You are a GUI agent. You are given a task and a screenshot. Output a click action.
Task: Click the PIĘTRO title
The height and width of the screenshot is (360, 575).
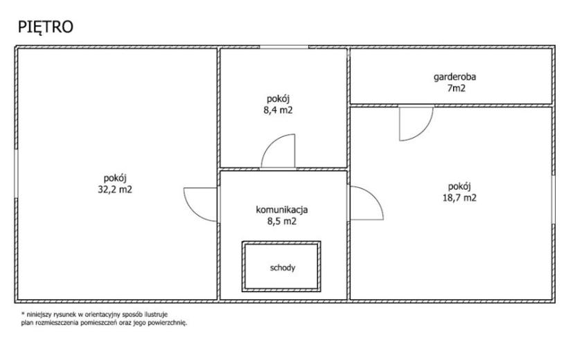46,27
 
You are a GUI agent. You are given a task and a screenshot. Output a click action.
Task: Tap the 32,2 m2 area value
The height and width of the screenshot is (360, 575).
115,190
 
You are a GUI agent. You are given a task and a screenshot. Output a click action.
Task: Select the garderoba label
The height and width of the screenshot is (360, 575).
454,78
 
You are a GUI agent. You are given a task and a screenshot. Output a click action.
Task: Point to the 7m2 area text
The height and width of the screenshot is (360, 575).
456,89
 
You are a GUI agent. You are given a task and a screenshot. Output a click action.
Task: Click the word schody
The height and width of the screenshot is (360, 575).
283,268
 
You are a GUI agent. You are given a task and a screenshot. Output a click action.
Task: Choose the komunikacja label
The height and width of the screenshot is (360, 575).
282,210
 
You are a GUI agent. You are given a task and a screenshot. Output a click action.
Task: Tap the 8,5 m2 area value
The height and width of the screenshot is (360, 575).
282,222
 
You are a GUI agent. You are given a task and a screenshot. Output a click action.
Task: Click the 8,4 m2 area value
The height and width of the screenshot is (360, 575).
278,110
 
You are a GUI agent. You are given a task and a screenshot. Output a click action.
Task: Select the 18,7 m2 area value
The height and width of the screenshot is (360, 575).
459,198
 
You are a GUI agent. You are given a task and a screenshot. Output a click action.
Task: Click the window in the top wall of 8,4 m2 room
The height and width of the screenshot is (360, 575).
284,47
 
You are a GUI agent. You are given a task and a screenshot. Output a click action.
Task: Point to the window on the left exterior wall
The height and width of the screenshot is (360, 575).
16,173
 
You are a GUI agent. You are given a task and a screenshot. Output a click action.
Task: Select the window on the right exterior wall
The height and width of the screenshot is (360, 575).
554,200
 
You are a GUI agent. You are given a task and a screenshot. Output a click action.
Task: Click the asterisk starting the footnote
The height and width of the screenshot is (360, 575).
23,314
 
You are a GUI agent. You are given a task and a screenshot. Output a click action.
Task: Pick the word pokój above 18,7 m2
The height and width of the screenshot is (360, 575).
459,187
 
